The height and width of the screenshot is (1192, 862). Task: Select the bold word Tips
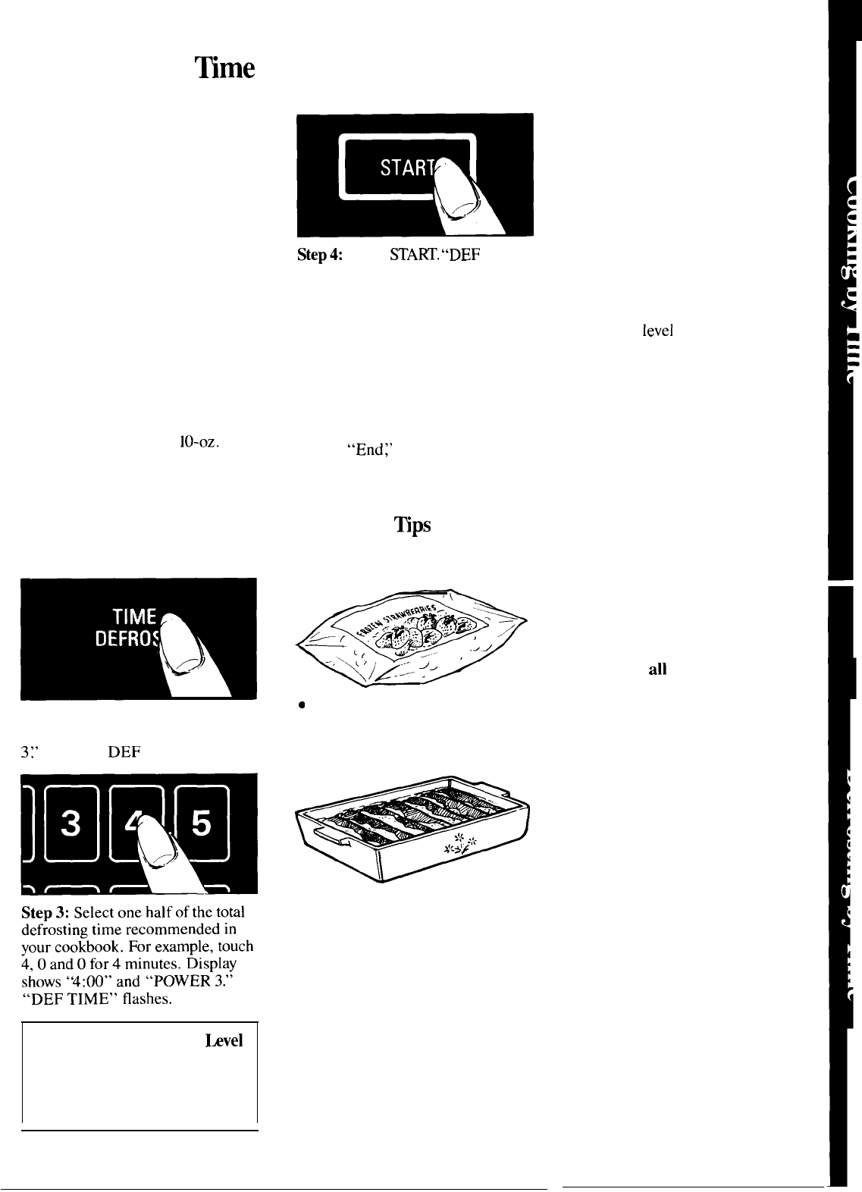[412, 525]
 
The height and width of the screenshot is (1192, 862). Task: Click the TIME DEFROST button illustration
[137, 638]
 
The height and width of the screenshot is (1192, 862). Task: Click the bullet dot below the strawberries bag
[301, 705]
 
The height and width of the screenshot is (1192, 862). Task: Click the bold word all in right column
[657, 670]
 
